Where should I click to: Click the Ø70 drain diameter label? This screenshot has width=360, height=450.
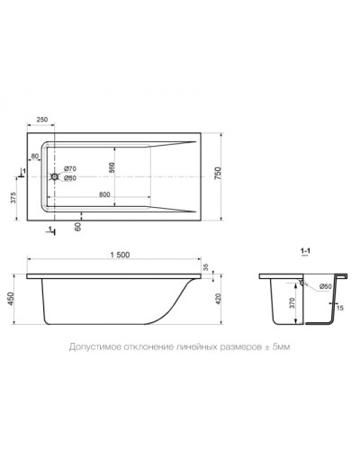[x=69, y=168]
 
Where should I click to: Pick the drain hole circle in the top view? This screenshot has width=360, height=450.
[x=56, y=177]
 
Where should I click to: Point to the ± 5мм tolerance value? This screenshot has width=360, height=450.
[x=275, y=346]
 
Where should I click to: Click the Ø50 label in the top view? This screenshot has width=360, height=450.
[x=69, y=177]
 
